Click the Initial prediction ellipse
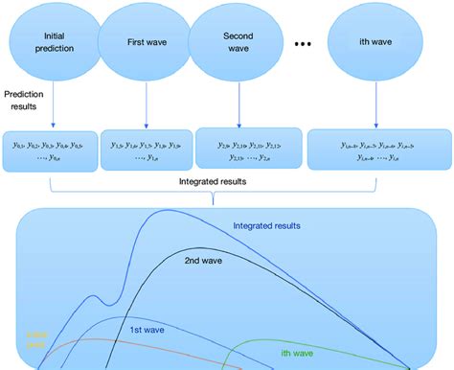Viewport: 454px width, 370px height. [x=54, y=42]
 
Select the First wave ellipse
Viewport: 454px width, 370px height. [x=146, y=42]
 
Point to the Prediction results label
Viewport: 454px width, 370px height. [x=28, y=101]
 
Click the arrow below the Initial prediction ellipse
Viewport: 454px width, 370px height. [x=54, y=104]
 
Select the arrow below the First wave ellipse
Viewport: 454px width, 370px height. [x=146, y=104]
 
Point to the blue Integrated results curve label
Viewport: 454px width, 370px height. [x=272, y=227]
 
